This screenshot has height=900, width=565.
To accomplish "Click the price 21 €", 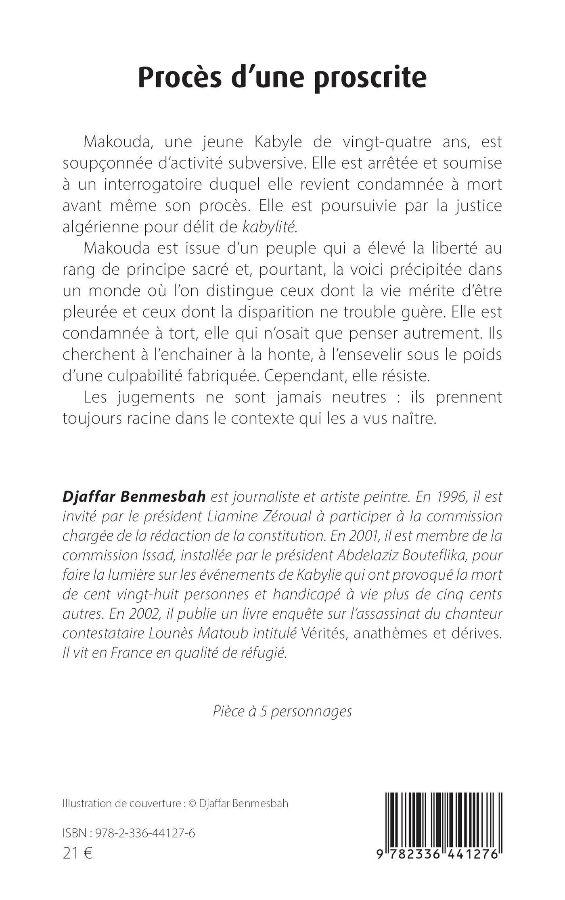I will coord(77,854).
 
